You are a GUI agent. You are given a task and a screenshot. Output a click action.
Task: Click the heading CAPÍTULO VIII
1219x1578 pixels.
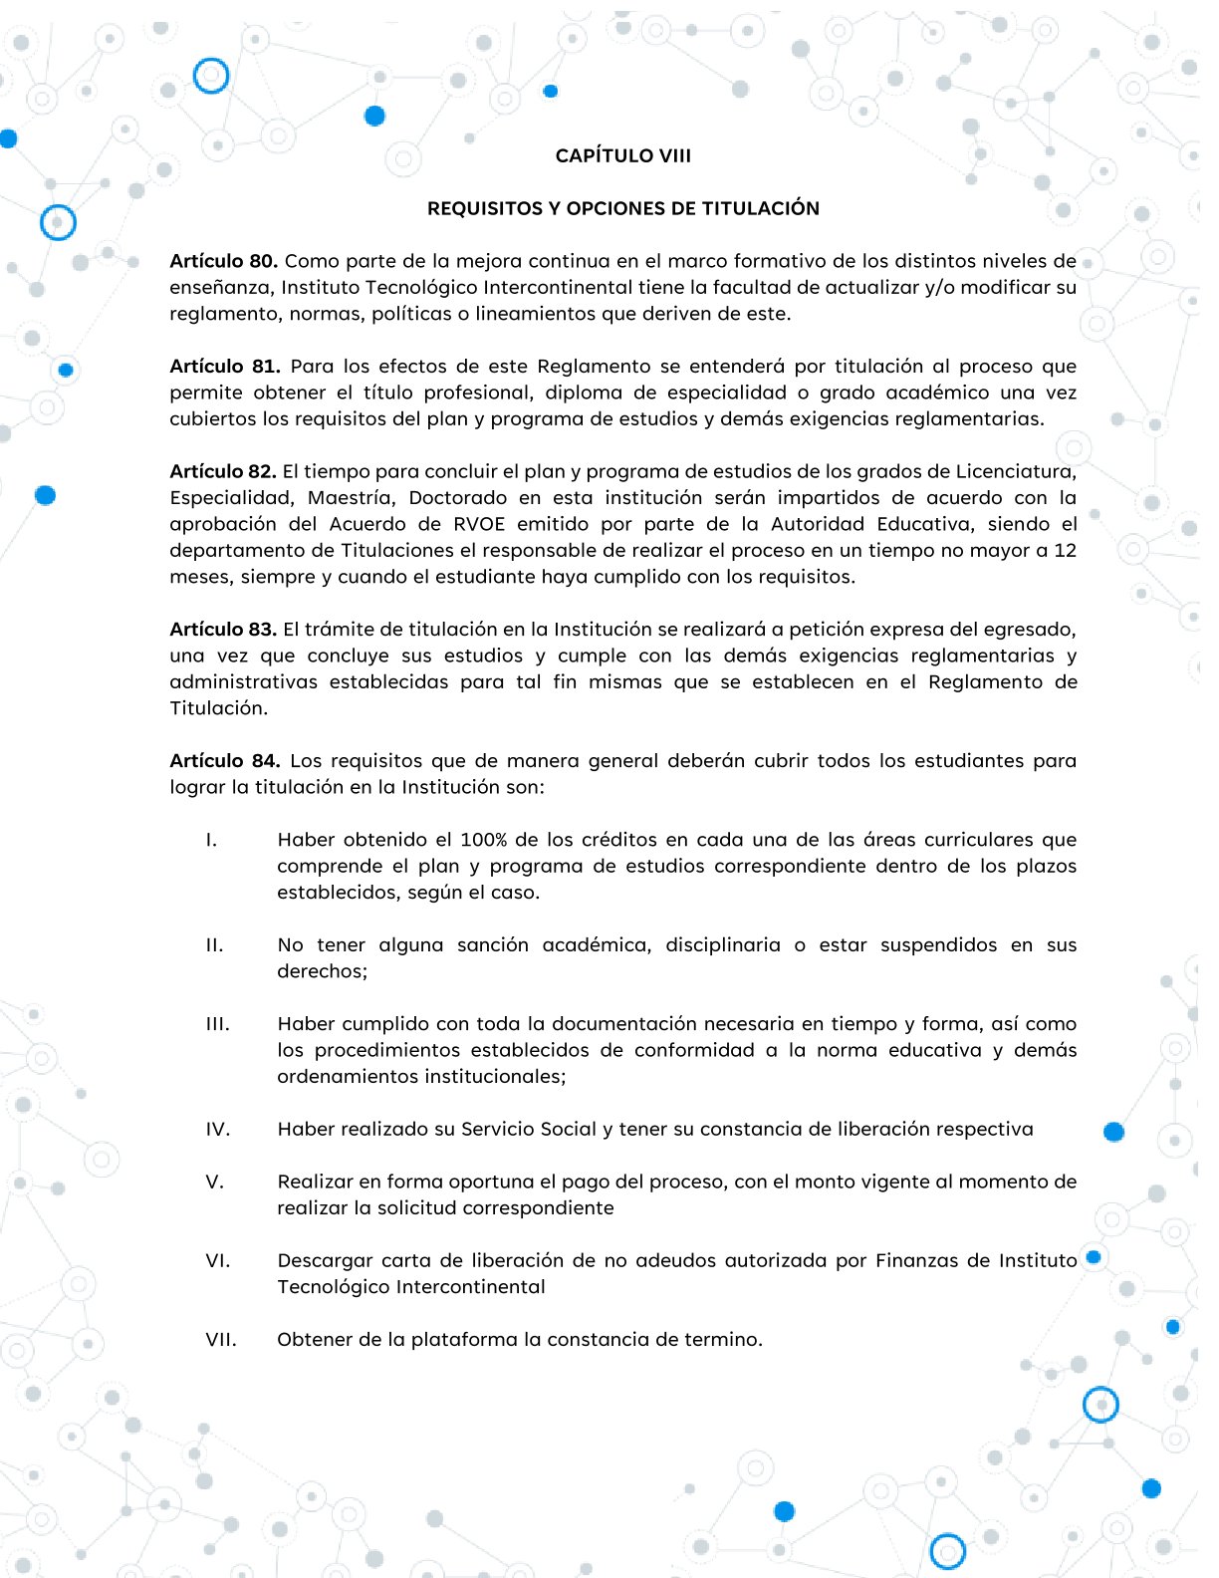click(622, 155)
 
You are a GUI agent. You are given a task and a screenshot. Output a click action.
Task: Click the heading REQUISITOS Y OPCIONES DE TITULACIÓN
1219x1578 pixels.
click(622, 208)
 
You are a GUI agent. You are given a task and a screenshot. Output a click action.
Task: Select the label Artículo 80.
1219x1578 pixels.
click(223, 261)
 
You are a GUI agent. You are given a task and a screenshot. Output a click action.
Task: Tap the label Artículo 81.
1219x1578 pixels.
click(224, 366)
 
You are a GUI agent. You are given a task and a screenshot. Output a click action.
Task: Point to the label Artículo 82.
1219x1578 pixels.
click(223, 471)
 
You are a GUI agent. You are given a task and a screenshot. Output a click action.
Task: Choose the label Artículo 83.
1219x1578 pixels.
click(223, 629)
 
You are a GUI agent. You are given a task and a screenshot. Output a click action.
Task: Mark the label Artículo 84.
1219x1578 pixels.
click(224, 760)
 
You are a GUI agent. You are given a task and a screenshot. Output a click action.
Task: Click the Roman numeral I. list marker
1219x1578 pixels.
click(211, 840)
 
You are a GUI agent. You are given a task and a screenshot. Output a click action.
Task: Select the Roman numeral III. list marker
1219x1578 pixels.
click(217, 1023)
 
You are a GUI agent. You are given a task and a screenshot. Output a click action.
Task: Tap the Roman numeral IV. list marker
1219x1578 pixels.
click(217, 1129)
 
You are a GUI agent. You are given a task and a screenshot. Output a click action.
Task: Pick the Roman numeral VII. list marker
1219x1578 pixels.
click(221, 1339)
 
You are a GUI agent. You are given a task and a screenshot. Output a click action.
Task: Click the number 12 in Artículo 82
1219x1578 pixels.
click(1065, 550)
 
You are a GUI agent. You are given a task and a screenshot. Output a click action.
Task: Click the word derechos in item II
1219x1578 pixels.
click(321, 971)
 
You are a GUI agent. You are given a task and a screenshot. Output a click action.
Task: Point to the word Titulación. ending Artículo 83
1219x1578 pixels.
click(219, 708)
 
